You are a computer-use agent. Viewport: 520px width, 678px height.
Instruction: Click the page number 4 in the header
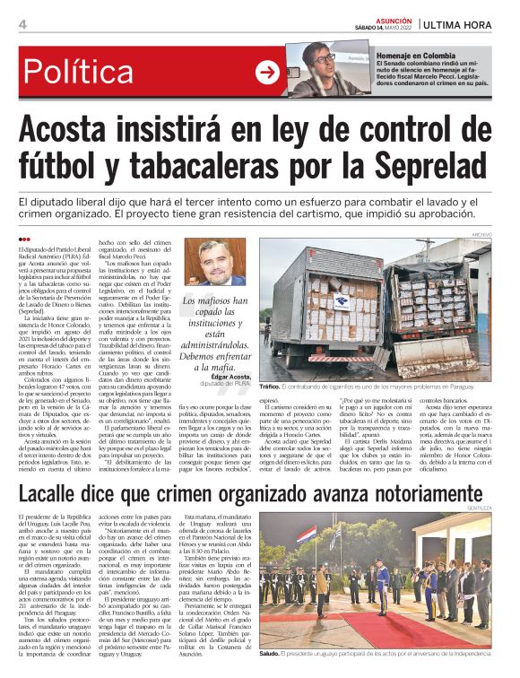[22, 24]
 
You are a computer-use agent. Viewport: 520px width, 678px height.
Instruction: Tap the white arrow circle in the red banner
[267, 73]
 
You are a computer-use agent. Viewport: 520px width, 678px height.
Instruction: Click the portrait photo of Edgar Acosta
[221, 262]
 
